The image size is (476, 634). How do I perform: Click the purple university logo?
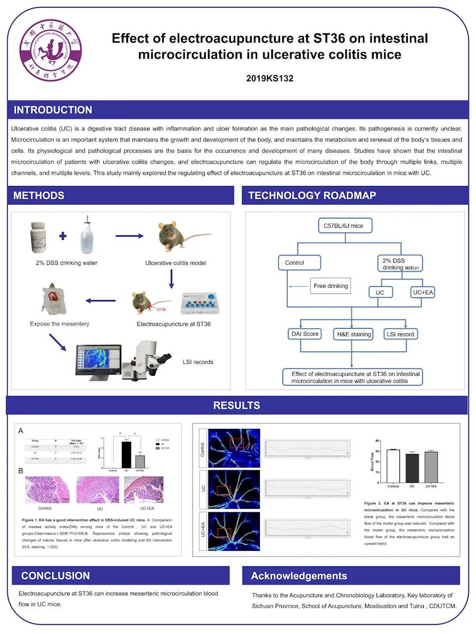[50, 50]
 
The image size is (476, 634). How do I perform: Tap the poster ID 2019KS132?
[269, 78]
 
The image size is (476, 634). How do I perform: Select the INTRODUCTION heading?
[53, 110]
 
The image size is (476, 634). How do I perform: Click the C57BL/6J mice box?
[343, 225]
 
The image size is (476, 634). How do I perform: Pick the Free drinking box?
[331, 286]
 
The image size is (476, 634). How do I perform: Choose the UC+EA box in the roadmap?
[423, 292]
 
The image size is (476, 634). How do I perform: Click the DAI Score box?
[305, 334]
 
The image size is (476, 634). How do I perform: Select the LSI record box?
[400, 334]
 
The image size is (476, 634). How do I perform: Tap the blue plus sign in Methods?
[63, 236]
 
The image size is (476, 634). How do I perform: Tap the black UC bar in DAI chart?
[127, 455]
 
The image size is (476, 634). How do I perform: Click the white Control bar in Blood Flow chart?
[393, 466]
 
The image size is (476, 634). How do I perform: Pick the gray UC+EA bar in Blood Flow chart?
[431, 467]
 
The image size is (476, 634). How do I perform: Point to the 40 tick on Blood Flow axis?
[377, 441]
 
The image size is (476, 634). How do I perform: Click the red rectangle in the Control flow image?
[237, 443]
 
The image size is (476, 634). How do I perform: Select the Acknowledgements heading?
[299, 576]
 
